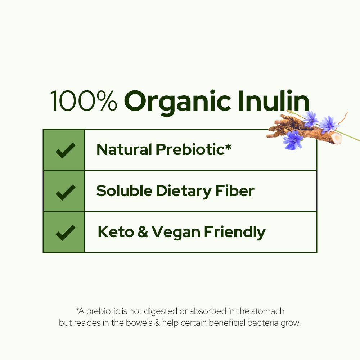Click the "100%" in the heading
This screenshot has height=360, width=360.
pyautogui.click(x=84, y=101)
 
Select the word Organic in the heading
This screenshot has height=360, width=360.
pyautogui.click(x=177, y=103)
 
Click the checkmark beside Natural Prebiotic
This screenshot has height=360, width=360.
pyautogui.click(x=65, y=150)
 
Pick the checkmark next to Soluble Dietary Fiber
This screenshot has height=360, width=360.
pyautogui.click(x=65, y=192)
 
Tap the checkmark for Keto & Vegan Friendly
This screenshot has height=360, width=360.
pyautogui.click(x=65, y=233)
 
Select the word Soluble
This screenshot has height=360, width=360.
pyautogui.click(x=123, y=191)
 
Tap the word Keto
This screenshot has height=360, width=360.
pyautogui.click(x=115, y=232)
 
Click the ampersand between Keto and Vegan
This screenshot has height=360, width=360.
pyautogui.click(x=143, y=233)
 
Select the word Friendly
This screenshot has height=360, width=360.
pyautogui.click(x=234, y=233)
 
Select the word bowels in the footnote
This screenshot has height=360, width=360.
pyautogui.click(x=139, y=323)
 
